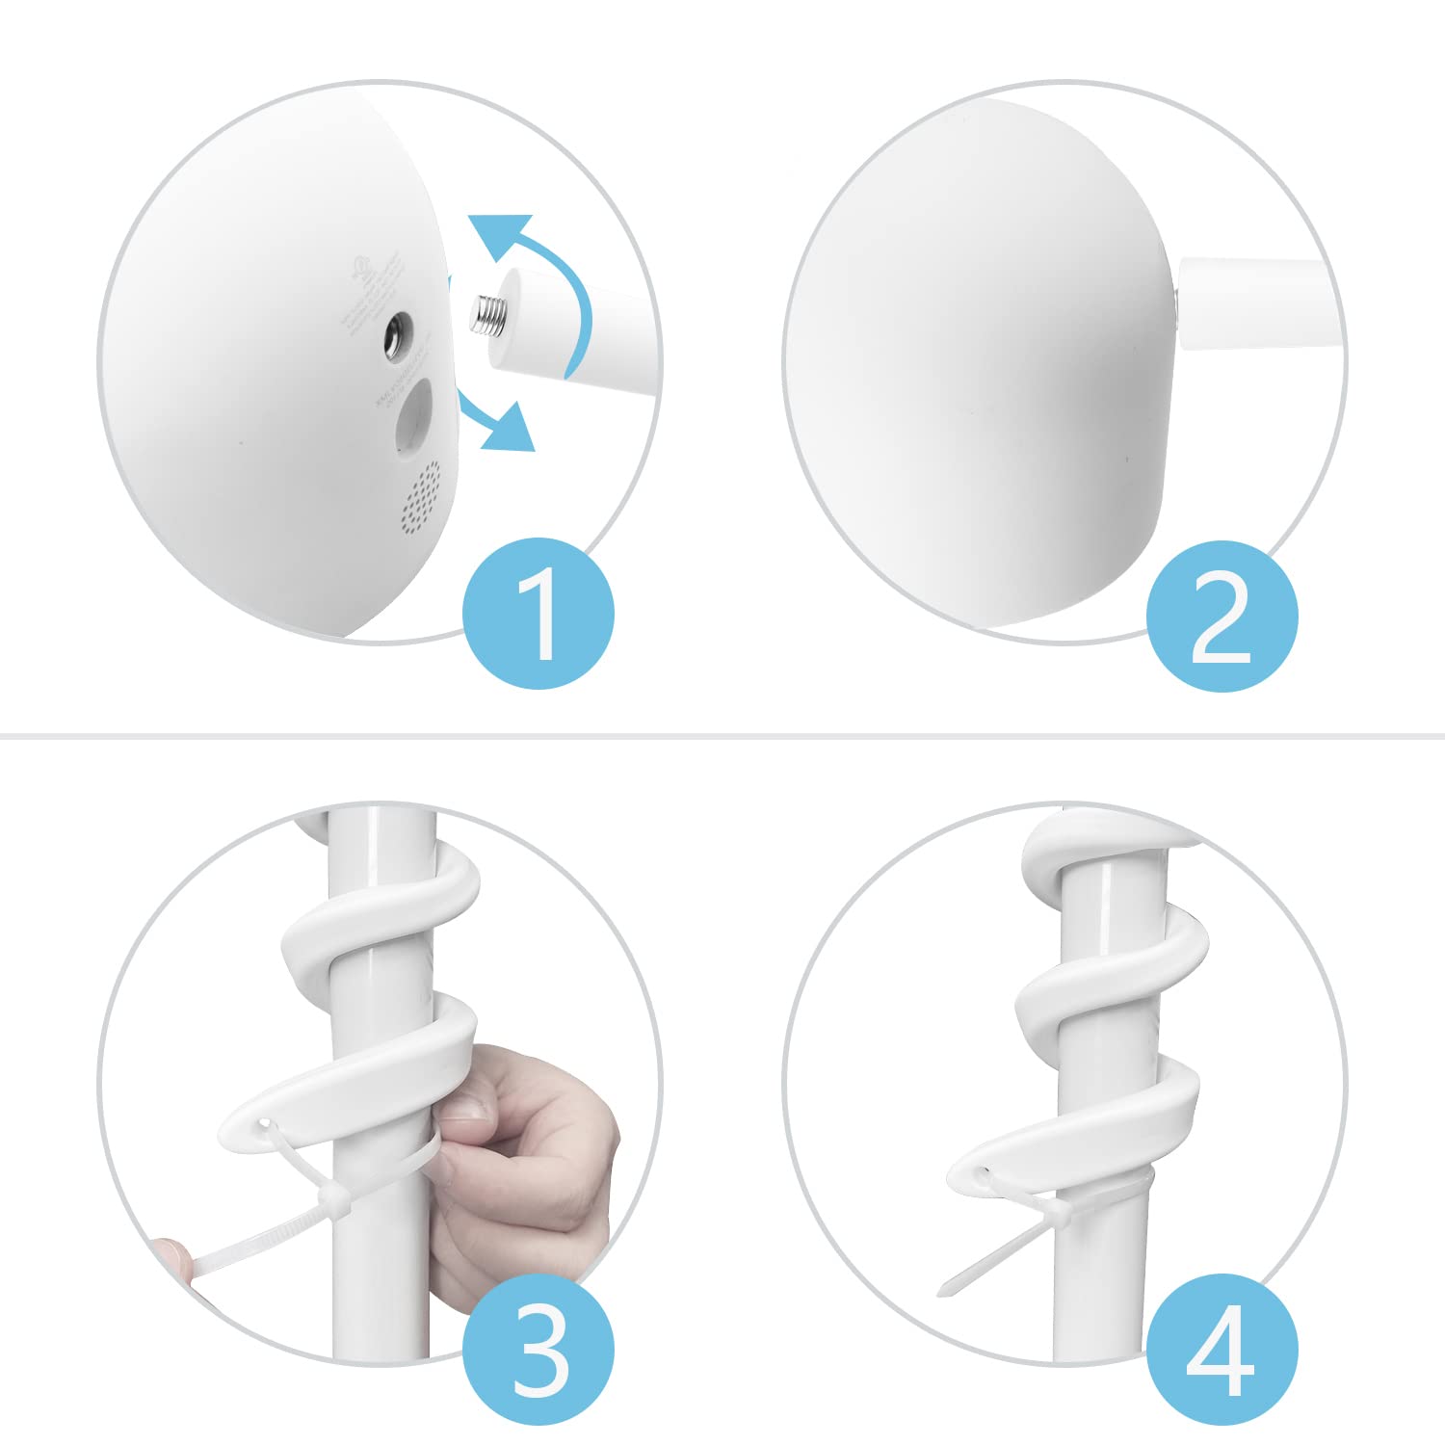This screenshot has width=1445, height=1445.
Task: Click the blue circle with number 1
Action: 538,614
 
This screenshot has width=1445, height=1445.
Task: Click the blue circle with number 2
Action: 1222,617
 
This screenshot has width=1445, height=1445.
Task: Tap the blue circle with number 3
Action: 538,1349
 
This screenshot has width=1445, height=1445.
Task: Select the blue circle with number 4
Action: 1222,1349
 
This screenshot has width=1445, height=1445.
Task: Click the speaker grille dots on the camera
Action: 420,496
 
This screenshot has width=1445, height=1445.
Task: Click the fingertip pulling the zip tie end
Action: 173,1252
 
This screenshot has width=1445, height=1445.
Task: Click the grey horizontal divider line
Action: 722,737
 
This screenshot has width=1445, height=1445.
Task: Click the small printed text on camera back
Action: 371,289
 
